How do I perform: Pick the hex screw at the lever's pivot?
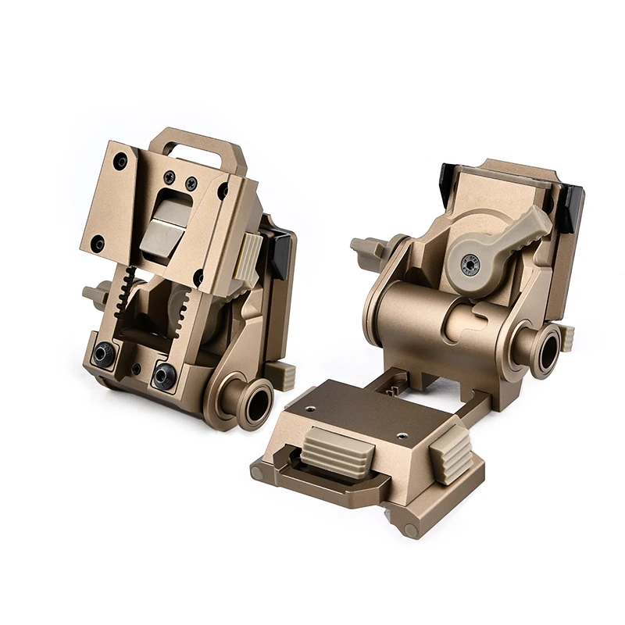(470, 262)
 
